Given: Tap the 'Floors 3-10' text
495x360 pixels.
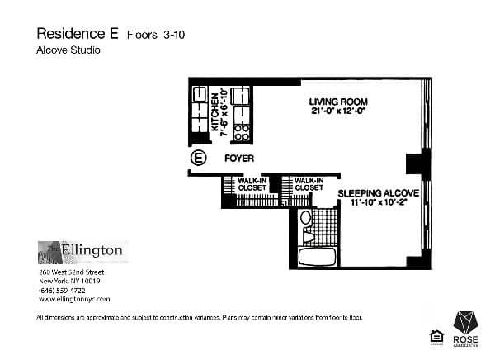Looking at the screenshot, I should point(156,35).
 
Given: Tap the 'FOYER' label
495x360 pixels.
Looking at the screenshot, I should point(238,158).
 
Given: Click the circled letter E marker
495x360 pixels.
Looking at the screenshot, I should point(198,158).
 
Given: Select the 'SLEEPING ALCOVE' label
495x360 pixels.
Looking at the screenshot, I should point(379,192).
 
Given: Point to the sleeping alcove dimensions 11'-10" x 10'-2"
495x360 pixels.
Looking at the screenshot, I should point(379,202).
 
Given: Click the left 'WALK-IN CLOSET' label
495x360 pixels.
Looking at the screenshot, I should point(252,183).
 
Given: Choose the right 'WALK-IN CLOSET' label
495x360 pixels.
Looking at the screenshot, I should point(308,183).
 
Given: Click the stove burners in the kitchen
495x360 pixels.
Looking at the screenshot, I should point(241,130).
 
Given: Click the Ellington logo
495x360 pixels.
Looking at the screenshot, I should point(81,250).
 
